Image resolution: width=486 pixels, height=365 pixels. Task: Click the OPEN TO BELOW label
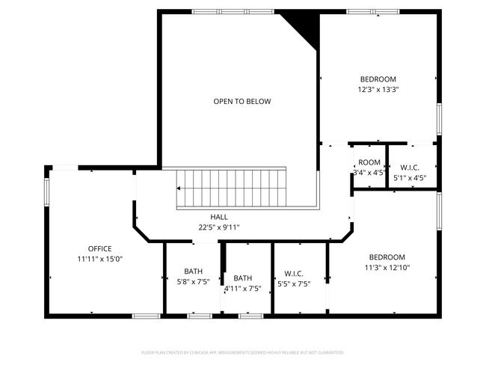pos(242,101)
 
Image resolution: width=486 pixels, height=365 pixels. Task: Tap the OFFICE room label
pos(99,248)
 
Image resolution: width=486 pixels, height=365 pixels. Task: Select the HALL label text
pos(219,217)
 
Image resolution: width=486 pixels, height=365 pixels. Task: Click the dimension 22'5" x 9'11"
pos(219,227)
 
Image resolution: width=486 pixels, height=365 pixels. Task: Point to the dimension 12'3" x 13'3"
pos(378,89)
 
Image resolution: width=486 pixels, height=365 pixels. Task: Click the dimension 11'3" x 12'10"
pos(387,267)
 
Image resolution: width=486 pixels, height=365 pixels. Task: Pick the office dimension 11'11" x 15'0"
pos(99,259)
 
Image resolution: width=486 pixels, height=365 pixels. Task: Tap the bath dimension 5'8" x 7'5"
pos(194,282)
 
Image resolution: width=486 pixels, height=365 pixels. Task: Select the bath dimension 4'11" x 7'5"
pos(243,288)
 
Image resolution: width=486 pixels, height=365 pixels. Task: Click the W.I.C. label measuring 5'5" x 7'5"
pos(292,273)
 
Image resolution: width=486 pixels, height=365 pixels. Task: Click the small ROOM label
pos(369,162)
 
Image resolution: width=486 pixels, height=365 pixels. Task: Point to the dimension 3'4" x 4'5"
pos(369,173)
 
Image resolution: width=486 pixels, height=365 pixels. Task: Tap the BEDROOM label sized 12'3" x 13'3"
pos(378,79)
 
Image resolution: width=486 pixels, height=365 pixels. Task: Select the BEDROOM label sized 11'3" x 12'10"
pos(387,257)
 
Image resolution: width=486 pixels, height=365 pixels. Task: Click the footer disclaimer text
pos(242,352)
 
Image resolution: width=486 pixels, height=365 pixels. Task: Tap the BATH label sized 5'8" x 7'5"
pos(194,272)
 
